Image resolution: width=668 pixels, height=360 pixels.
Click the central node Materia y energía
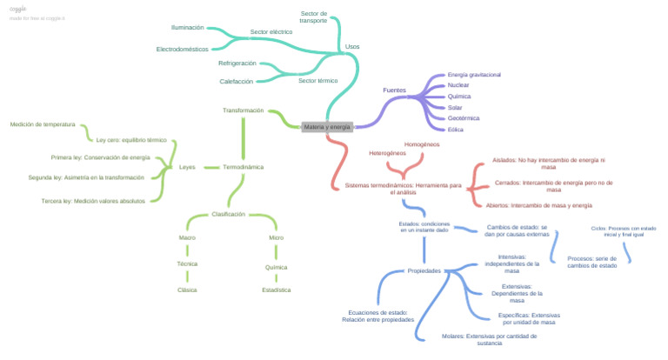point(327,127)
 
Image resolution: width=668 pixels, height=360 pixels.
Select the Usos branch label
point(351,46)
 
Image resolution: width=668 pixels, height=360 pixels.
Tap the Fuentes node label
point(394,90)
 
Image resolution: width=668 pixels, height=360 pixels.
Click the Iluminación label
point(187,28)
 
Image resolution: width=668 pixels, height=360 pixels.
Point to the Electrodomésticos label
point(182,49)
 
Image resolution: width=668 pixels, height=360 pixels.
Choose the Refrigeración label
point(237,63)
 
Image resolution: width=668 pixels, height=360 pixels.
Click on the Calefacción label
point(236,81)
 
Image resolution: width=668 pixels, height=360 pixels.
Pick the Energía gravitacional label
point(473,75)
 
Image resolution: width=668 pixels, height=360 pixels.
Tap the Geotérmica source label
point(463,118)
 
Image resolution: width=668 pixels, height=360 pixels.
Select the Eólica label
point(455,130)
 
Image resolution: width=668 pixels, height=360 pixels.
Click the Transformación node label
point(243,110)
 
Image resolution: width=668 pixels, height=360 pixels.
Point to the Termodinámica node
point(243,166)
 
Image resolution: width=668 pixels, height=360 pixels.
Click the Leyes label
point(187,166)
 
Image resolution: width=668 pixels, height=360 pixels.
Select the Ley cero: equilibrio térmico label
point(130,140)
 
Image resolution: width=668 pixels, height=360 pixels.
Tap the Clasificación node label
point(229,214)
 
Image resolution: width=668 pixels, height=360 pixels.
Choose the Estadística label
point(276,290)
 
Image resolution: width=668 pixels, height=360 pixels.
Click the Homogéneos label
point(422,143)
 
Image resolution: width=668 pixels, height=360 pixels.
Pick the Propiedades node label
point(424,271)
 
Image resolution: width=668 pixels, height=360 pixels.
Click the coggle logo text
point(18,9)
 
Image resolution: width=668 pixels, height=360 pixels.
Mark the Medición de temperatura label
point(43,124)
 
